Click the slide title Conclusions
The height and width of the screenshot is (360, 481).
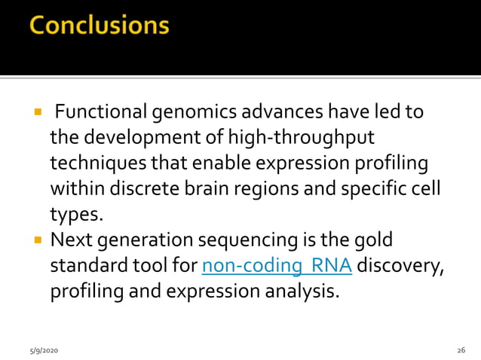[x=99, y=26]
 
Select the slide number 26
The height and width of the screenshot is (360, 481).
[x=461, y=351]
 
